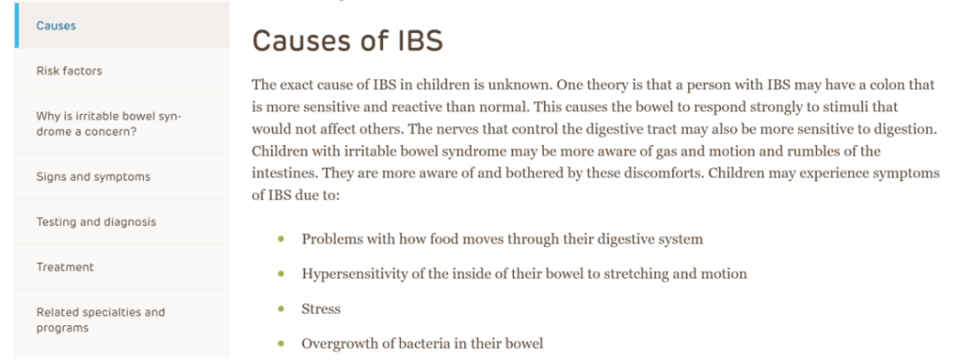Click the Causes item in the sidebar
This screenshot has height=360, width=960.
(x=56, y=26)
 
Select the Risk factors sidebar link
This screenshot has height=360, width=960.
(x=69, y=71)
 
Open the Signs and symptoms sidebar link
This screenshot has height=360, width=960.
(x=93, y=177)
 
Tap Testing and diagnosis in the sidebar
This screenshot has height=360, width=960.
(x=96, y=222)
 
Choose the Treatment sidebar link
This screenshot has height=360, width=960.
(x=65, y=267)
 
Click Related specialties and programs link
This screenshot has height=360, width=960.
(x=100, y=320)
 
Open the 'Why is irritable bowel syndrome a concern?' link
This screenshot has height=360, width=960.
(x=109, y=124)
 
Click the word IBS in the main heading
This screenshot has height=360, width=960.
(x=415, y=41)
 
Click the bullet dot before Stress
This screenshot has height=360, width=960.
(x=281, y=309)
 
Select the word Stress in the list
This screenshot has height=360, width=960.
(x=321, y=309)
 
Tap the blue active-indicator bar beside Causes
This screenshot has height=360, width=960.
(x=17, y=25)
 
